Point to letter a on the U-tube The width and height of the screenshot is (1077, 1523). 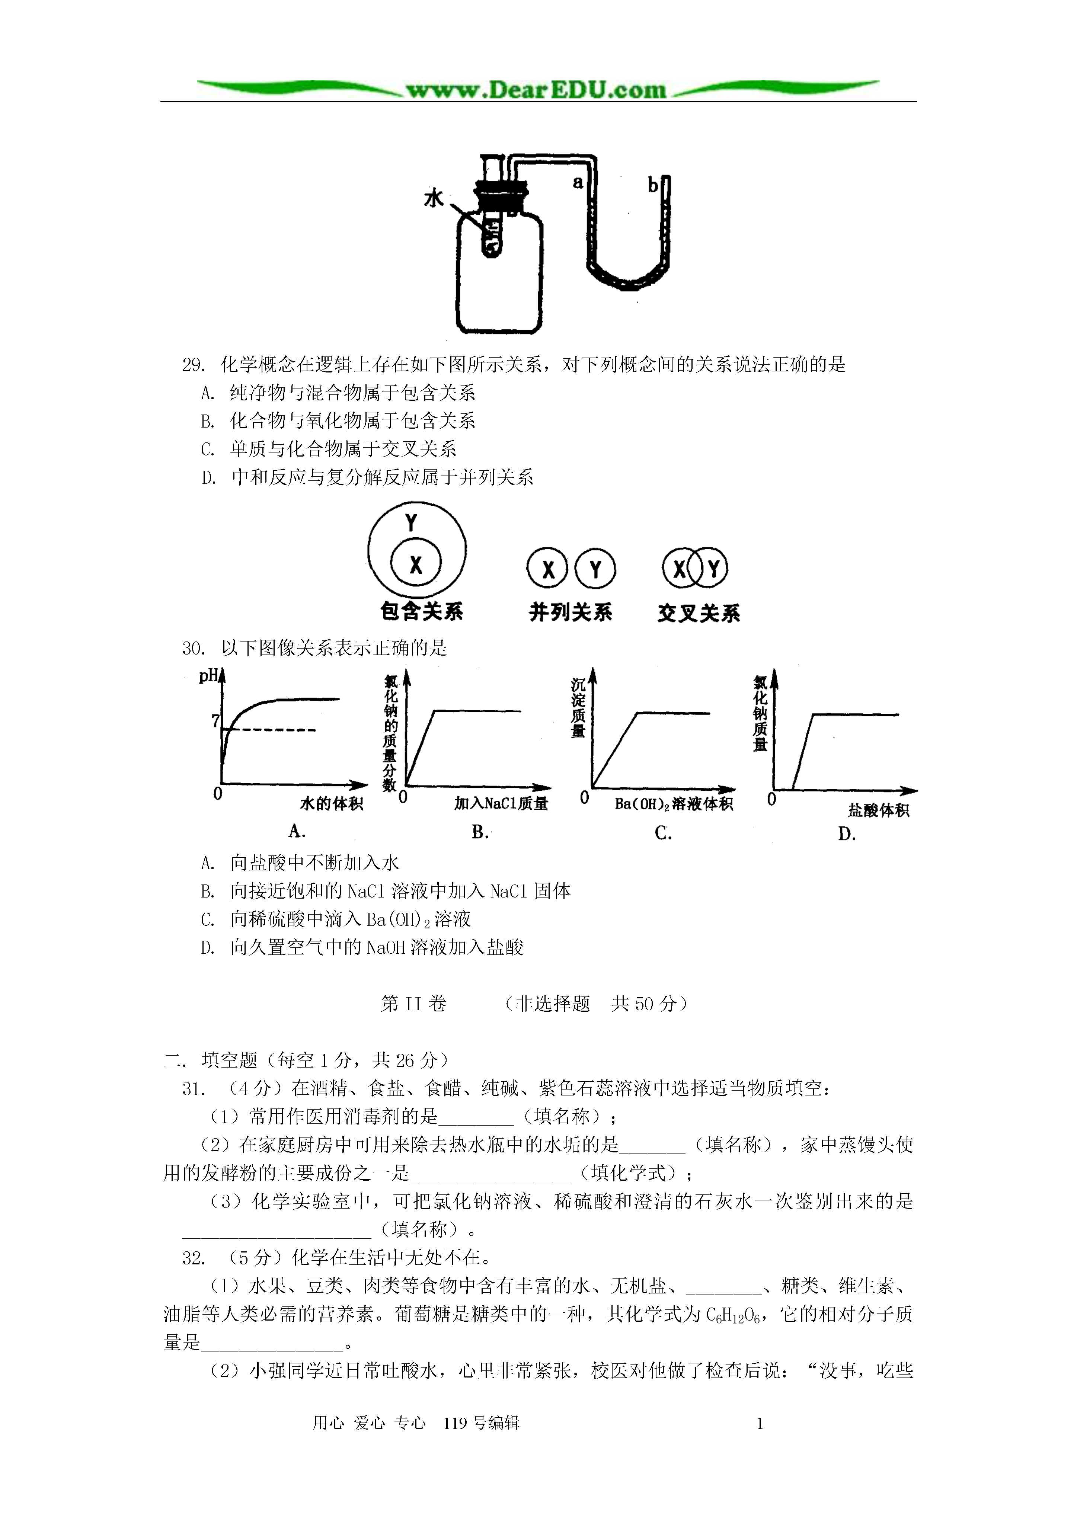pos(578,182)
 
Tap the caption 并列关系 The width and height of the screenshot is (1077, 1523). pos(570,612)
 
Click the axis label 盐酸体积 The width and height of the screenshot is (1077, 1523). pos(878,810)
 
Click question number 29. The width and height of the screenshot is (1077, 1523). pos(194,365)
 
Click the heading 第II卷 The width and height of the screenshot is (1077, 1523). pos(413,1004)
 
